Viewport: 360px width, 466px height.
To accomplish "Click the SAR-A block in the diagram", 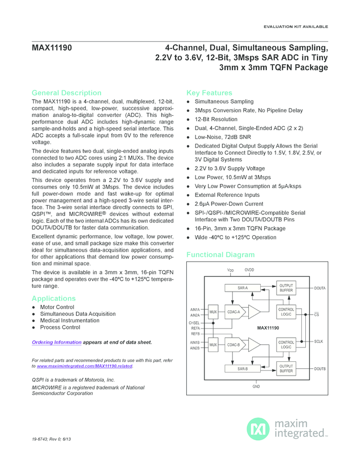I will click(242, 287).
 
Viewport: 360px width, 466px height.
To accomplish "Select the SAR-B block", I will click(242, 369).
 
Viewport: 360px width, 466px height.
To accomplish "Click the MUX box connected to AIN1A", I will click(213, 312).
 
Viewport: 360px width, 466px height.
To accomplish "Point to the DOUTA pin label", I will click(320, 288).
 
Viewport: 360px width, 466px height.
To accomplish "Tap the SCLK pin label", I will click(318, 342).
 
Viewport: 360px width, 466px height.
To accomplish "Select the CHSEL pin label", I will click(195, 323).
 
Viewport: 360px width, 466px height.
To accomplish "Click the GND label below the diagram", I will click(256, 387).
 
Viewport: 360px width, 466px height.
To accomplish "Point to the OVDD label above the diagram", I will click(249, 270).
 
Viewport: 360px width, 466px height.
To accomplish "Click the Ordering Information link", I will click(56, 342).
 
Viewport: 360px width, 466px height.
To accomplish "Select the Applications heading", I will click(54, 298).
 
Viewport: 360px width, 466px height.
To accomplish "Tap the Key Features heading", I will click(209, 93).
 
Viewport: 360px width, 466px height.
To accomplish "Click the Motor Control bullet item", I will click(58, 307).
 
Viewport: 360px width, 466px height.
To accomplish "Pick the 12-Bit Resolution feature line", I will click(216, 119).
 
